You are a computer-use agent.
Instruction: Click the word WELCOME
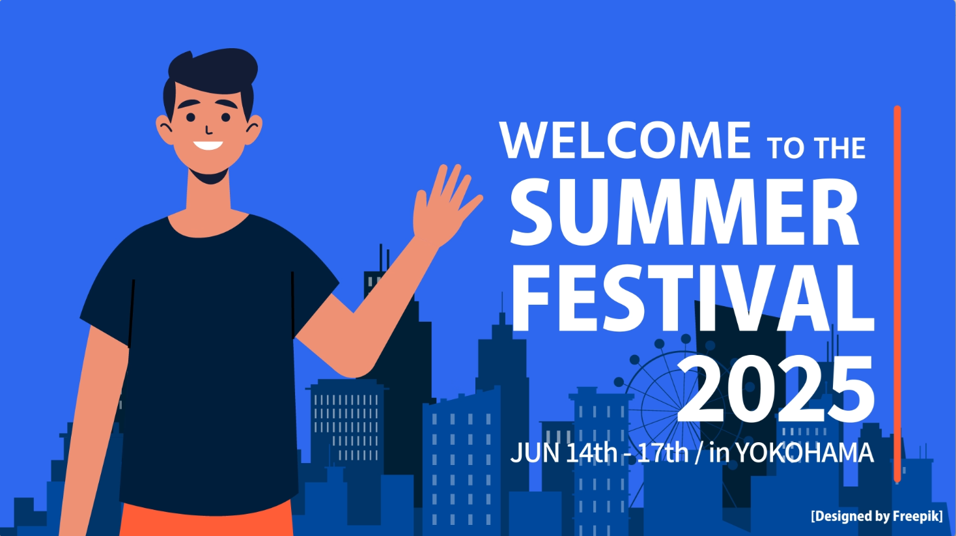(x=625, y=140)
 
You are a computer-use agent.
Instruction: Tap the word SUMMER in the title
(x=684, y=212)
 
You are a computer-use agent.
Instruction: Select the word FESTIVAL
(x=692, y=298)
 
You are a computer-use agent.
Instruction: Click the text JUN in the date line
(x=535, y=453)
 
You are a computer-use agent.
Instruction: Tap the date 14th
(x=591, y=453)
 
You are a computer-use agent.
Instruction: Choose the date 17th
(x=663, y=453)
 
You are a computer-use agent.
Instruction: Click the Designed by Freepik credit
(x=877, y=516)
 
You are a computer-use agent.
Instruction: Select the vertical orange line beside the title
(x=897, y=294)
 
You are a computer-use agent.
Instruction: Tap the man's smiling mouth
(x=208, y=145)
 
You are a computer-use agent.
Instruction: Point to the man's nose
(x=208, y=131)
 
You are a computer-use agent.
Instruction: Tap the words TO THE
(x=816, y=148)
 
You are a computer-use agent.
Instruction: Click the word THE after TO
(x=839, y=148)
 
